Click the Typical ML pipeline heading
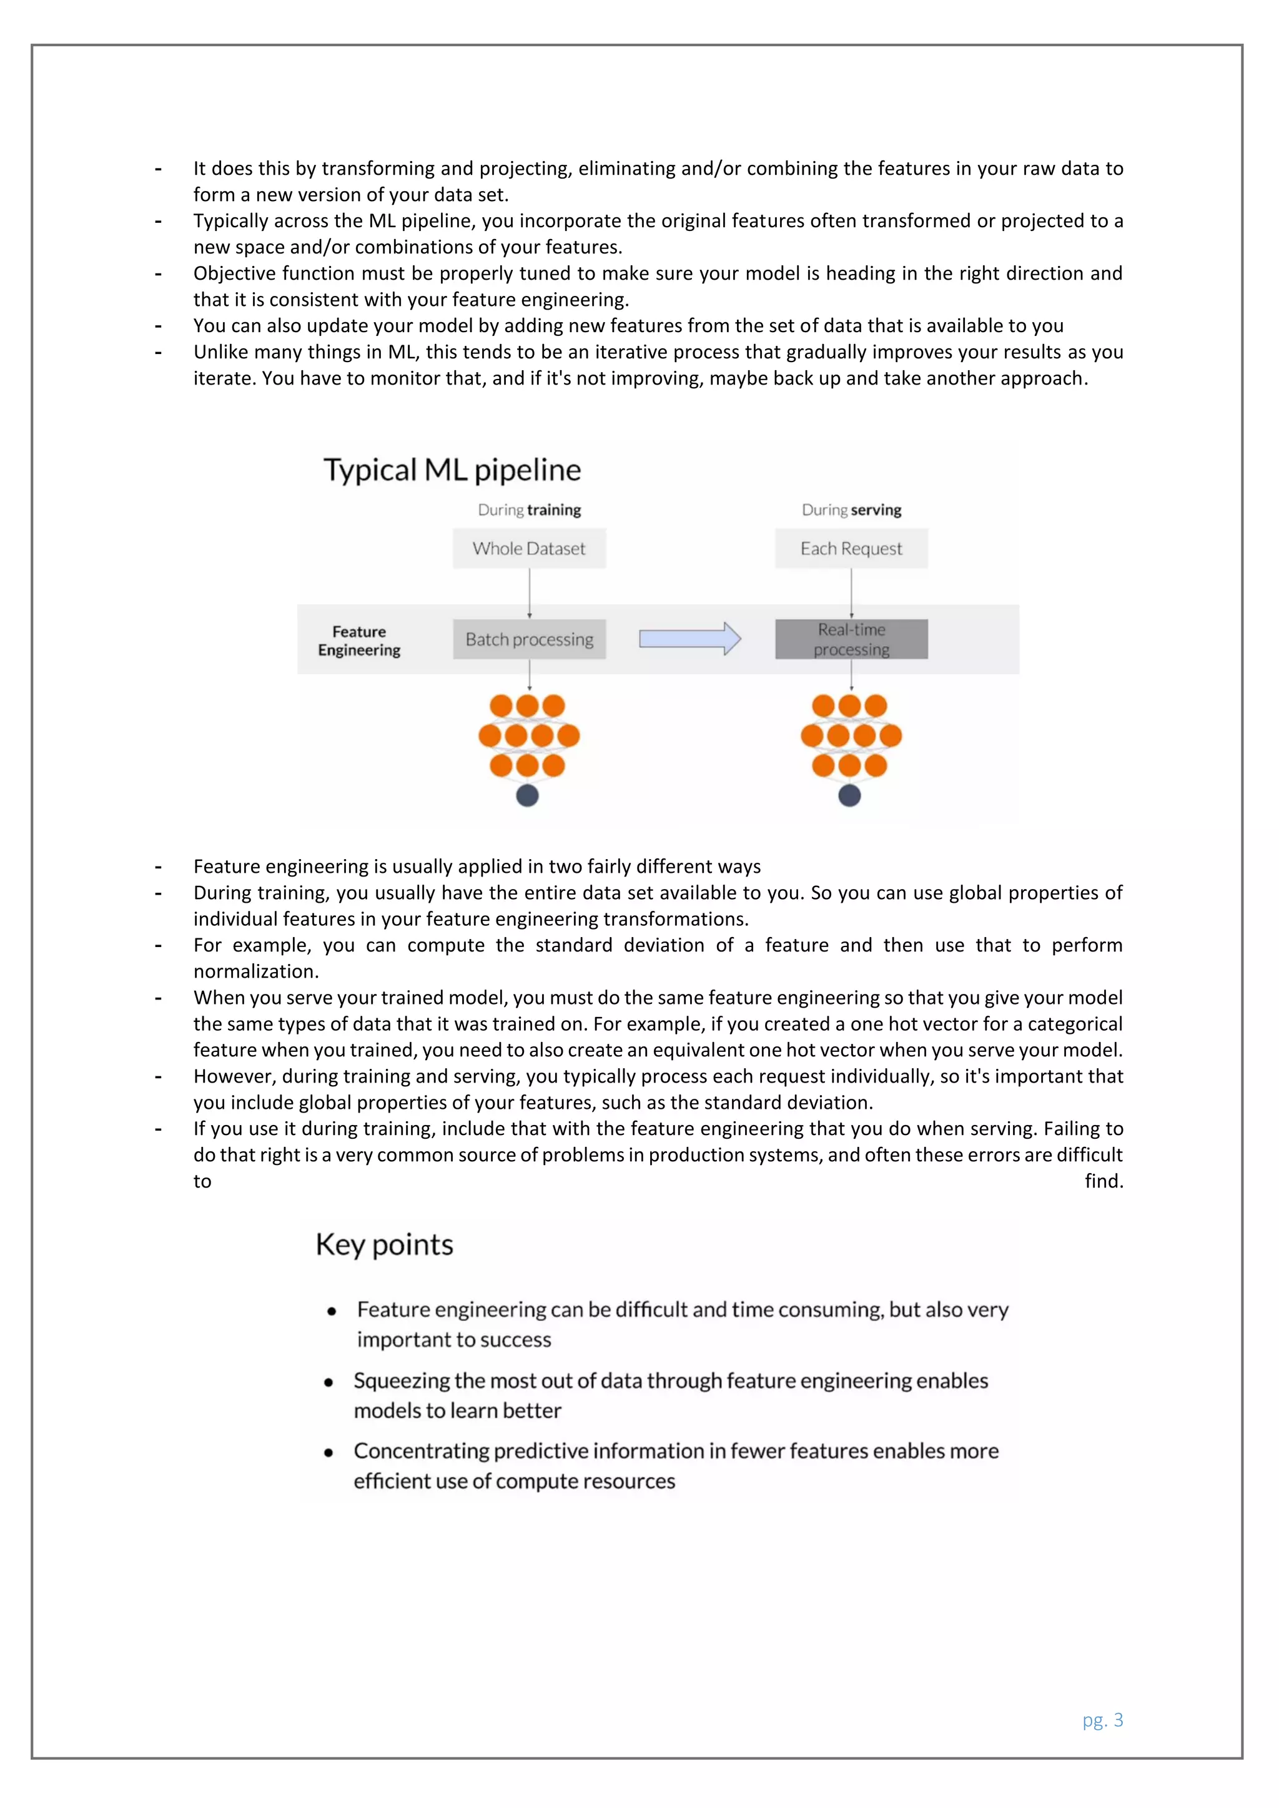click(x=452, y=470)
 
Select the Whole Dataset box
click(x=529, y=549)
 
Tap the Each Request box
click(x=851, y=549)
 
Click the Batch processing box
click(x=529, y=639)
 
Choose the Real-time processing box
click(x=851, y=639)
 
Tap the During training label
click(x=529, y=510)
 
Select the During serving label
click(x=851, y=510)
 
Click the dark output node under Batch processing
click(x=527, y=796)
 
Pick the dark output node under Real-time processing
click(x=849, y=796)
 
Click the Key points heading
click(x=384, y=1245)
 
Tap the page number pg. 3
click(x=1103, y=1720)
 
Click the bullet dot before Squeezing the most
click(x=328, y=1382)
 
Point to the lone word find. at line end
click(x=1104, y=1181)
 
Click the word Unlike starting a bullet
click(x=220, y=352)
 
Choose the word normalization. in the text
click(x=256, y=971)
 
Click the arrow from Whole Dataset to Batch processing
click(x=529, y=593)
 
